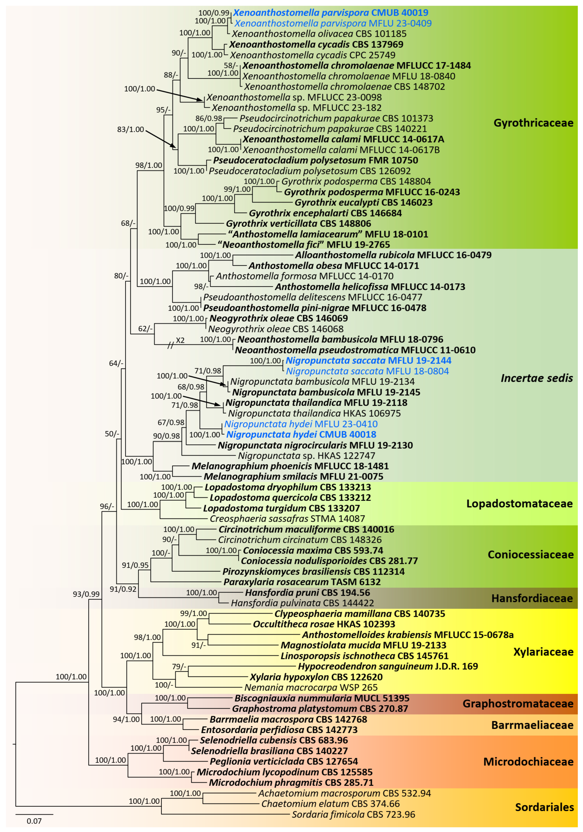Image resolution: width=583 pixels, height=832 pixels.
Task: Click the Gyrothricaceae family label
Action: [533, 123]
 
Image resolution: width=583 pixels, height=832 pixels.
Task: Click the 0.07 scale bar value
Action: [34, 821]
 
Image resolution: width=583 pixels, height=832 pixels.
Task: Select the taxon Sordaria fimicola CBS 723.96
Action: [353, 814]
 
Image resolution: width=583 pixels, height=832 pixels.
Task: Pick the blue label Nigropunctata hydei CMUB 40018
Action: [301, 434]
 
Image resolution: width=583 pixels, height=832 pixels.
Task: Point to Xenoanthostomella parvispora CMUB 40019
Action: [330, 13]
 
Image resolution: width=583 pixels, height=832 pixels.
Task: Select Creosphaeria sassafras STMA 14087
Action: [287, 519]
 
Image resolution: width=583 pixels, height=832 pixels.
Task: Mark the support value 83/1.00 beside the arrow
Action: [130, 129]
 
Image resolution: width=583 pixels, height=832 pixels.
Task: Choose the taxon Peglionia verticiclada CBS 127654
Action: [284, 761]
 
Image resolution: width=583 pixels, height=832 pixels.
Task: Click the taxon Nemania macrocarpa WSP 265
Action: [311, 687]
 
